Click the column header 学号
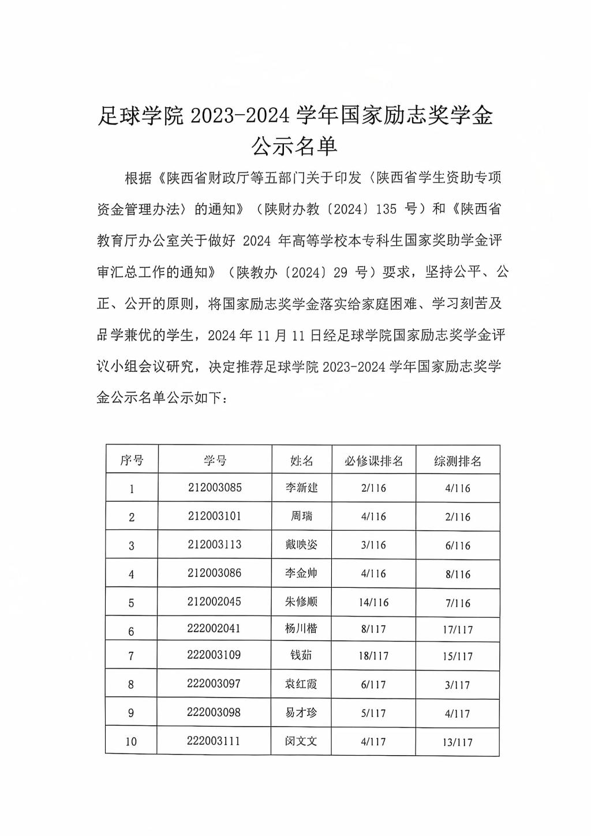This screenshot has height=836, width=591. (x=215, y=460)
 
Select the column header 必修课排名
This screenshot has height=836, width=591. (x=373, y=461)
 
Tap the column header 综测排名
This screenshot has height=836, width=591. (x=458, y=461)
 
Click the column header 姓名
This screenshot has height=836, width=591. (x=301, y=460)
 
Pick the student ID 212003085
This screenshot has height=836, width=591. (x=215, y=487)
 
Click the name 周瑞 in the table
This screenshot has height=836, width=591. (x=301, y=516)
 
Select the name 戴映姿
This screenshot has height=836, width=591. (x=301, y=544)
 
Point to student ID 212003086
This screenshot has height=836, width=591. (x=215, y=573)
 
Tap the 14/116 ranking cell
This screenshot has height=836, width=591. (x=373, y=602)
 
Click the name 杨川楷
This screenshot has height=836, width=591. (x=301, y=628)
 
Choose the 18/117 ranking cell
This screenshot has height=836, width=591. (x=373, y=656)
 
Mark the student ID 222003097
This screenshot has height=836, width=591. (x=214, y=684)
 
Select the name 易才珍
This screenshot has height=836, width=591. (x=301, y=712)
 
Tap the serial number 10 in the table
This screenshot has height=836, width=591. (x=131, y=742)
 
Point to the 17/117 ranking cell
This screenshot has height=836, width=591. (x=458, y=630)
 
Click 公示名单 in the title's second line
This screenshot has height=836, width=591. (x=294, y=147)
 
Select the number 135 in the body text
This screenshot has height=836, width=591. (x=386, y=209)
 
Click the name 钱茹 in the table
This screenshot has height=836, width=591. (x=301, y=655)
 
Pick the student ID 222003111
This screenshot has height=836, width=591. (x=214, y=741)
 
